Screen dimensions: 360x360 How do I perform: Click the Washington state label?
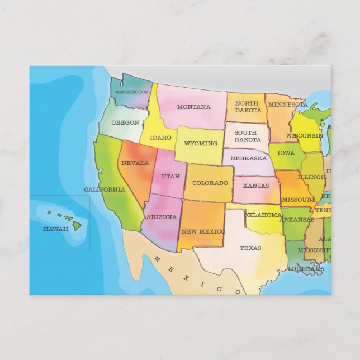[131, 92]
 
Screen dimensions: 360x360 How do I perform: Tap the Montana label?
[193, 107]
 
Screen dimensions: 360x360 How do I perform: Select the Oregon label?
[125, 122]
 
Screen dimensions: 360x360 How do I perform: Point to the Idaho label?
[160, 138]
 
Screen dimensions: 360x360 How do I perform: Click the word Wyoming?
[200, 143]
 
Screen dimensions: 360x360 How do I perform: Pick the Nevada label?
[135, 163]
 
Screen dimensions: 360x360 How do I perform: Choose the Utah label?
[170, 176]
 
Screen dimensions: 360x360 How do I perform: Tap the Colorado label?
[210, 183]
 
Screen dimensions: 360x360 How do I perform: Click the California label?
[105, 190]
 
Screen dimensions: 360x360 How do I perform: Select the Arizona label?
[161, 217]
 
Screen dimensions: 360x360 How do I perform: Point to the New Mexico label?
[203, 231]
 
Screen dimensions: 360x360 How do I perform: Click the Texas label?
[250, 248]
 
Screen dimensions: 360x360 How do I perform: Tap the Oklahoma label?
[262, 215]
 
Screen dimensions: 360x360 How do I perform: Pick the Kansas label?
[255, 186]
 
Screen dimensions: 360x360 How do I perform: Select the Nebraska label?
[248, 158]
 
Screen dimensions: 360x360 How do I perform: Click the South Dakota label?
[246, 136]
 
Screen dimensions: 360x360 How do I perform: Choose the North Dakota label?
[247, 107]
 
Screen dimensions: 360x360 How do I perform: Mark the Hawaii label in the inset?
[56, 229]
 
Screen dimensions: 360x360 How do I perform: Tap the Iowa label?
[286, 153]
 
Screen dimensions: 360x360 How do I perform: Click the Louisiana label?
[306, 269]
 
